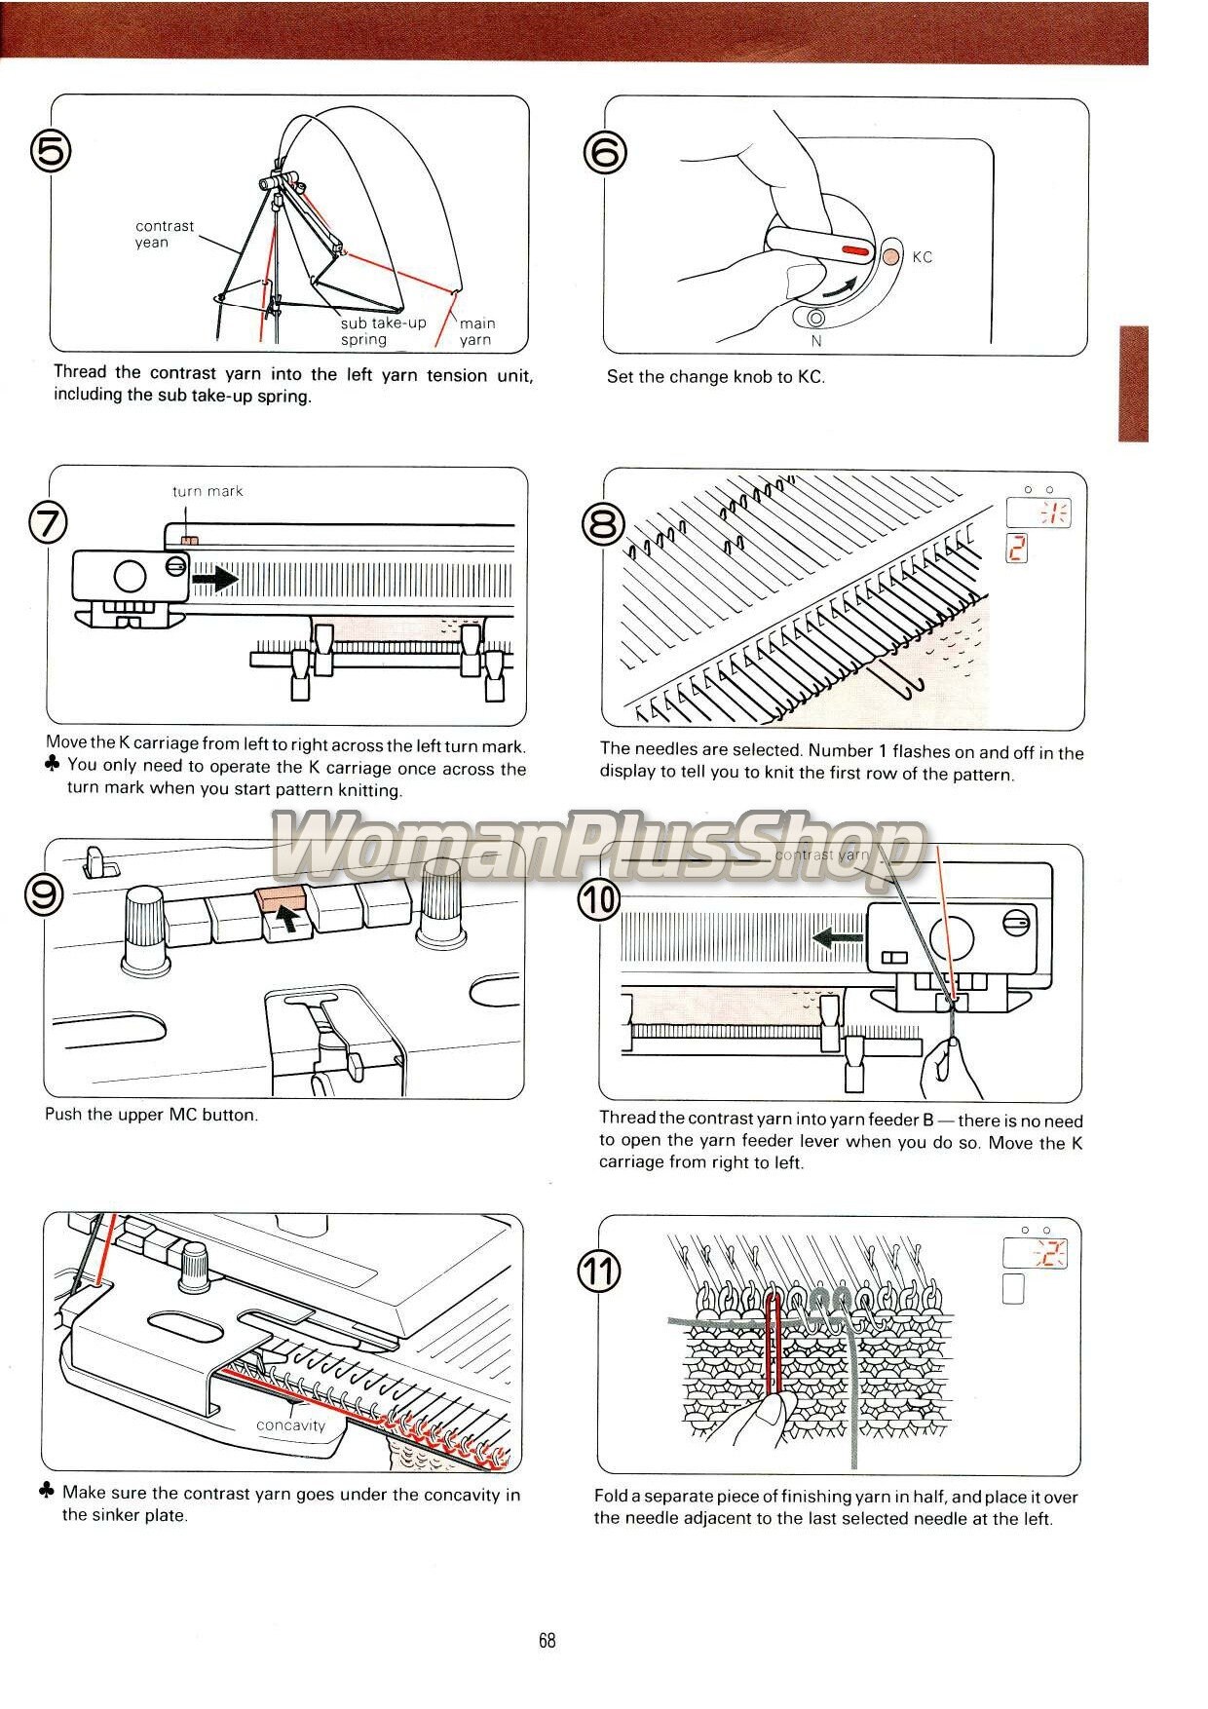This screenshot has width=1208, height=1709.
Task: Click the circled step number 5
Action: (x=51, y=152)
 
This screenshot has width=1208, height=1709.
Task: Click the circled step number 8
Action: (x=603, y=526)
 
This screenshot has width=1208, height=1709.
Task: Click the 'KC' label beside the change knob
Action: (x=922, y=257)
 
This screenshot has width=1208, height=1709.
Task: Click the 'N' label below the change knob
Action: (x=816, y=341)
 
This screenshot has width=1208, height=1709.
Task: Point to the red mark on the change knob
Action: (x=854, y=251)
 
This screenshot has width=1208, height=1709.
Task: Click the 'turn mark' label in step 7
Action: (x=208, y=491)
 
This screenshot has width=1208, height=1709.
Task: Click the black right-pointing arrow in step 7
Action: (x=215, y=580)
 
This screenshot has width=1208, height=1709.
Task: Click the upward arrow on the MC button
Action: (x=284, y=916)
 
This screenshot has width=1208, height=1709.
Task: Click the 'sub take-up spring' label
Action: (x=383, y=331)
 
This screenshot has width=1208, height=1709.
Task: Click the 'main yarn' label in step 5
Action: (x=476, y=331)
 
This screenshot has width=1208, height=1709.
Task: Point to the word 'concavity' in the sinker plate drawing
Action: (x=290, y=1425)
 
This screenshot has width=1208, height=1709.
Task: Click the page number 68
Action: (x=547, y=1641)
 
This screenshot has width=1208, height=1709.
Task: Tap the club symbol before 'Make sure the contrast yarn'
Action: (x=47, y=1491)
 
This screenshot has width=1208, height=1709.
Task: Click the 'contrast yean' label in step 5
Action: (x=164, y=234)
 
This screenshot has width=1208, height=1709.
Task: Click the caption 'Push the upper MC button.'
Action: (x=151, y=1115)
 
